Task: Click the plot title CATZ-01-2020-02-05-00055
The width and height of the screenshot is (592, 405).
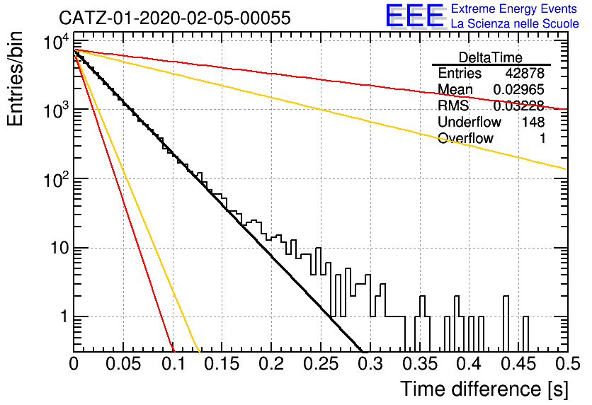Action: (175, 18)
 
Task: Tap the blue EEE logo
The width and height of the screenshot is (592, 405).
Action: (415, 16)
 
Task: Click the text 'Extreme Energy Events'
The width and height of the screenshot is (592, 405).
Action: (514, 8)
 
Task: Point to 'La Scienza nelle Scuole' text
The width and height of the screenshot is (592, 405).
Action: (515, 24)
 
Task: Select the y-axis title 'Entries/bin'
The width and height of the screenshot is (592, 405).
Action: (15, 79)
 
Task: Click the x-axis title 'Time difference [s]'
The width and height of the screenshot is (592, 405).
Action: (484, 389)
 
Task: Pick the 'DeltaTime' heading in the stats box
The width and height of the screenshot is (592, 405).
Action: (491, 57)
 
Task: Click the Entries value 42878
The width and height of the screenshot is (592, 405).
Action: (525, 73)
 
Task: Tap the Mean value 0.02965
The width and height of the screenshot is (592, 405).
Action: (519, 89)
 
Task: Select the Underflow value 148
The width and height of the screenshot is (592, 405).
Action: (533, 122)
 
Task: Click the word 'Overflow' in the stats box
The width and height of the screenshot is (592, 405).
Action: (465, 138)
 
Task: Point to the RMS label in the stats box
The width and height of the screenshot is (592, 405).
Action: (453, 105)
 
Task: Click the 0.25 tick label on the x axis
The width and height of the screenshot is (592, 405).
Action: (321, 364)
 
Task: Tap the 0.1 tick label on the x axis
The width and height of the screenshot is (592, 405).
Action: (173, 364)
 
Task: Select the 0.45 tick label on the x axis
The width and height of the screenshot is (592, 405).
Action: (518, 364)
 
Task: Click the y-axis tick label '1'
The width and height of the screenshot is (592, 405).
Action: (64, 316)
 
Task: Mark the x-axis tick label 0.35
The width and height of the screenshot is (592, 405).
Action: (420, 364)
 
